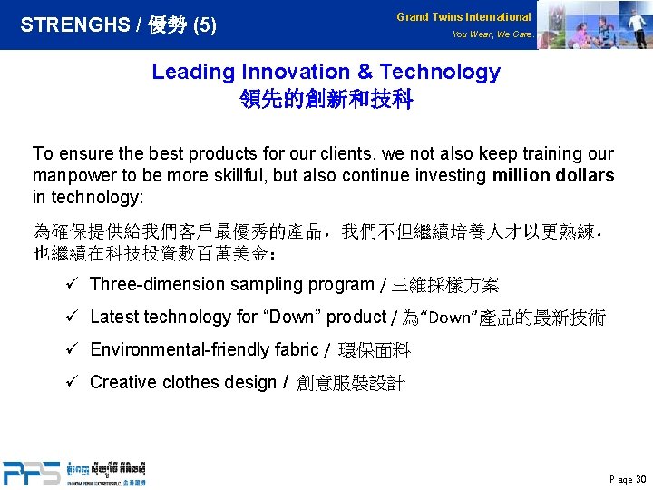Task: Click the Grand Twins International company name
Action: click(x=463, y=17)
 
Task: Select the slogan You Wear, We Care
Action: click(x=492, y=34)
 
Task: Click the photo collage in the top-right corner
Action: click(x=594, y=24)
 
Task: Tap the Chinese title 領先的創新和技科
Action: click(x=326, y=99)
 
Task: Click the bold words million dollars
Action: click(x=552, y=175)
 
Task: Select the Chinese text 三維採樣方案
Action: click(x=444, y=286)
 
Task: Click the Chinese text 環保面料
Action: click(x=374, y=350)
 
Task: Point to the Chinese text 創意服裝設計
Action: click(x=351, y=383)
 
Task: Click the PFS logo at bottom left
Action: click(x=31, y=473)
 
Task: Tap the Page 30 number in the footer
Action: click(x=628, y=479)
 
